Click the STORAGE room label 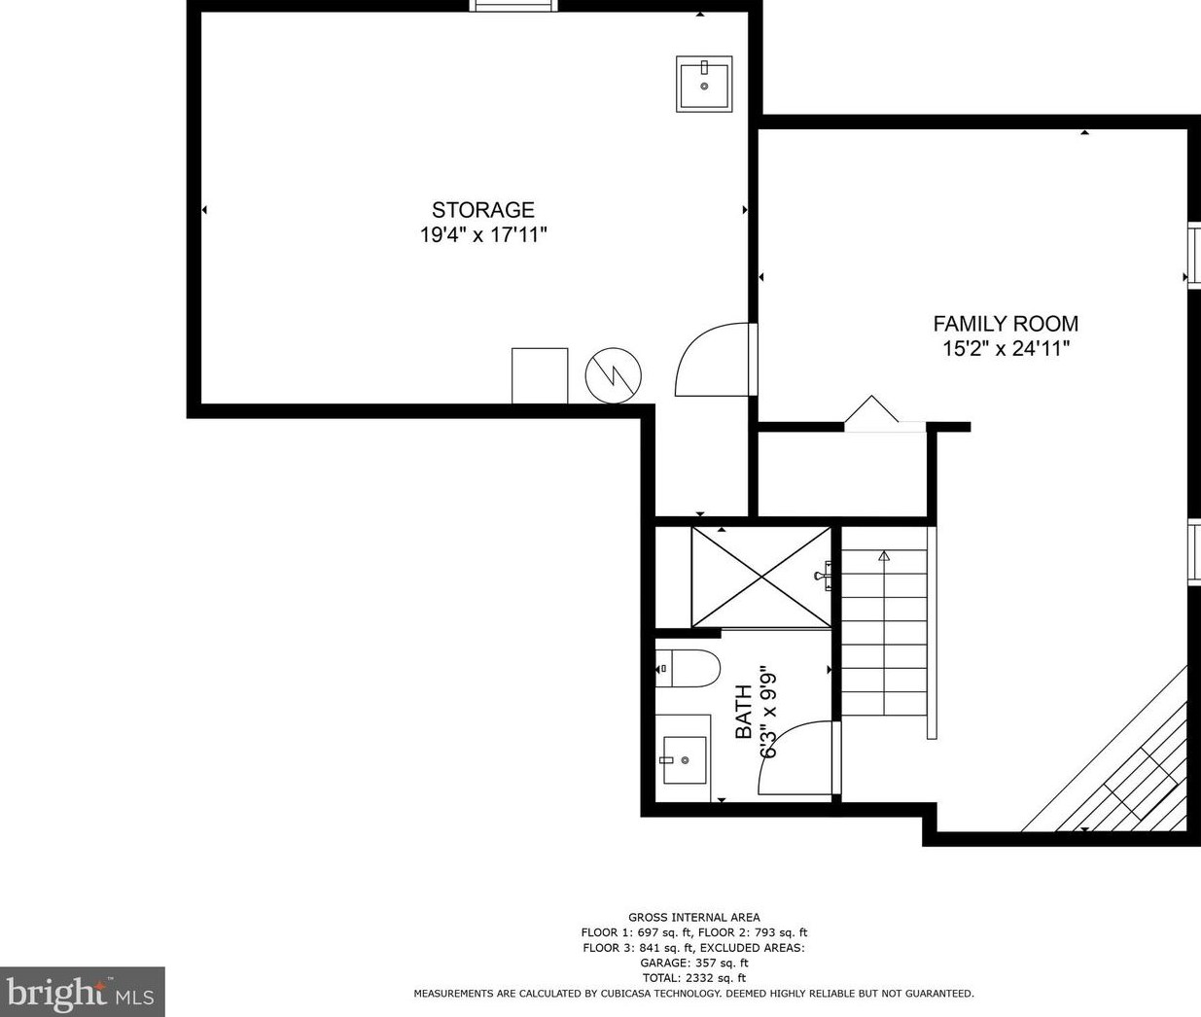(483, 210)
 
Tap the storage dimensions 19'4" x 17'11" (483, 235)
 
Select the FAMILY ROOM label (1006, 324)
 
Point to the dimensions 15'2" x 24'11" (1006, 349)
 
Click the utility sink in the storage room (704, 85)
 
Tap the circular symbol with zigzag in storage (614, 375)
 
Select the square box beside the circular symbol (540, 375)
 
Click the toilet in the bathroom (688, 669)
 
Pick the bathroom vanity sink (684, 759)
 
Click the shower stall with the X (761, 577)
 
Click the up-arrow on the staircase (884, 556)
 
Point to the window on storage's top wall (513, 6)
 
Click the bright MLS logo (82, 993)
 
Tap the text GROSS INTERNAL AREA (693, 917)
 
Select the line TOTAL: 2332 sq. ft (693, 978)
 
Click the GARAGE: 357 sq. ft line (693, 963)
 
